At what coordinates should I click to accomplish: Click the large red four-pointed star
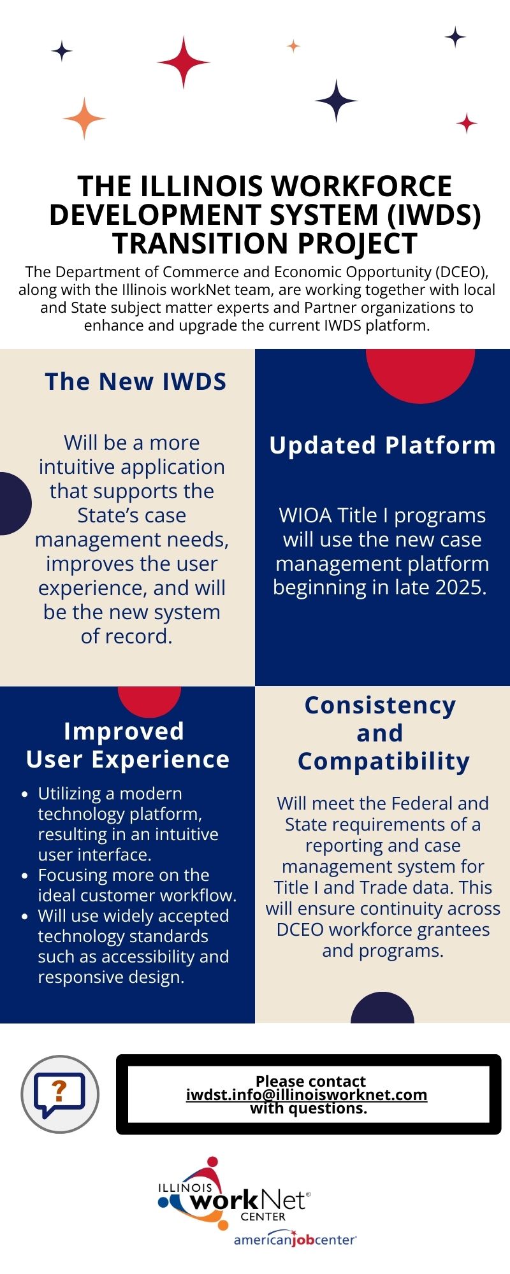(x=184, y=62)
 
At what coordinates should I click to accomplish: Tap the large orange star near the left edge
(x=84, y=118)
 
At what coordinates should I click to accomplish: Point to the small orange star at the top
(x=293, y=46)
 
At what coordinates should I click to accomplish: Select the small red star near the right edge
(x=467, y=123)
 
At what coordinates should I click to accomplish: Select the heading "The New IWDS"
(x=136, y=382)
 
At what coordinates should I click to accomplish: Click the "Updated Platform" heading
(x=382, y=445)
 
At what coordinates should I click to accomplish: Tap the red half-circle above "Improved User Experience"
(x=150, y=701)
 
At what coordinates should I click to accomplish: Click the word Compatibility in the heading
(x=384, y=762)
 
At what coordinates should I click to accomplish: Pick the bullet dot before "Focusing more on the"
(x=25, y=876)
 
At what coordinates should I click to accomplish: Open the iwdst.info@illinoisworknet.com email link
(x=307, y=1095)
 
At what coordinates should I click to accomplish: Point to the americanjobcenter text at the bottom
(x=295, y=1240)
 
